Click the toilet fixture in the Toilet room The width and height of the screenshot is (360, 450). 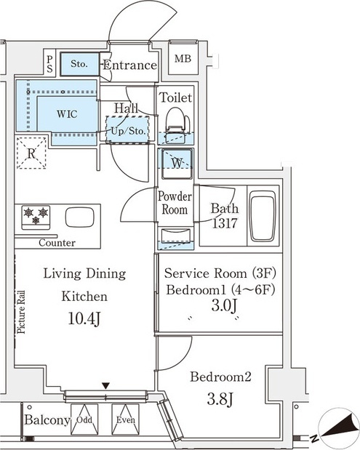(x=177, y=125)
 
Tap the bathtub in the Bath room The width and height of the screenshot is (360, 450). (x=263, y=216)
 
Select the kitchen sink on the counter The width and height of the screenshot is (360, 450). (x=80, y=217)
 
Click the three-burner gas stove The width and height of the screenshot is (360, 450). (x=36, y=217)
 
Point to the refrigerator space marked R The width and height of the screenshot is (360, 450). (x=31, y=153)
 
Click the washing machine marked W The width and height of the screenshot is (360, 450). (x=177, y=164)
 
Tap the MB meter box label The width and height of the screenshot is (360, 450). (x=183, y=59)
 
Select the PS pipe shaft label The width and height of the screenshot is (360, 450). (x=49, y=64)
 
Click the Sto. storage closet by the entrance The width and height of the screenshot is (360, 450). (x=80, y=64)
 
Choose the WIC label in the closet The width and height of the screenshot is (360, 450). (x=67, y=114)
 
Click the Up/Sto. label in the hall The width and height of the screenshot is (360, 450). (x=128, y=131)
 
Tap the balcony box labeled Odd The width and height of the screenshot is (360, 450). (x=84, y=419)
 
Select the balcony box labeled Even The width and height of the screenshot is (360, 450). (x=125, y=419)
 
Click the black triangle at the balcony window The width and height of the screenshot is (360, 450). (x=106, y=386)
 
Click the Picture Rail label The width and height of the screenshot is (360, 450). (x=21, y=313)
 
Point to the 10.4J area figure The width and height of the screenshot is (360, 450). (x=84, y=318)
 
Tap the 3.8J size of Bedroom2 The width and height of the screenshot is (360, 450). (x=220, y=399)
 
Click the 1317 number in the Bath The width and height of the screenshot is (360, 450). (x=225, y=223)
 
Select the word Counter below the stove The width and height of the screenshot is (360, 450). (x=57, y=243)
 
